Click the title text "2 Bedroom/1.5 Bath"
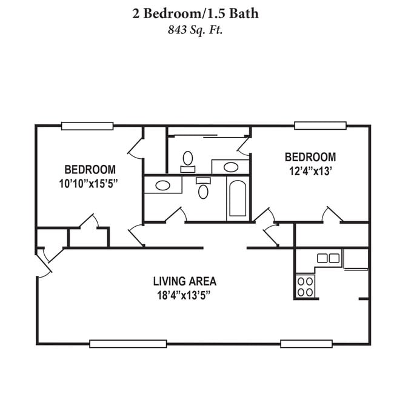coord(195,13)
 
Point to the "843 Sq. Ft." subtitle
coord(195,30)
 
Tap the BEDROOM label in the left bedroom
coord(90,169)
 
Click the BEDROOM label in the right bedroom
coord(310,157)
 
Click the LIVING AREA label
coord(184,281)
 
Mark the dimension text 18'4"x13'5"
coord(184,295)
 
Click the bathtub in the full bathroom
coord(237,199)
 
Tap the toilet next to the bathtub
coord(203,190)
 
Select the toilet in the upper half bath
coord(188,160)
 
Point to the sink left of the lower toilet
coord(162,185)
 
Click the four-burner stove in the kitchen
coord(306,287)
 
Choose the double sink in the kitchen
coord(328,258)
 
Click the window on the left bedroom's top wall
coord(87,126)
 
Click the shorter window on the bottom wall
coord(306,343)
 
